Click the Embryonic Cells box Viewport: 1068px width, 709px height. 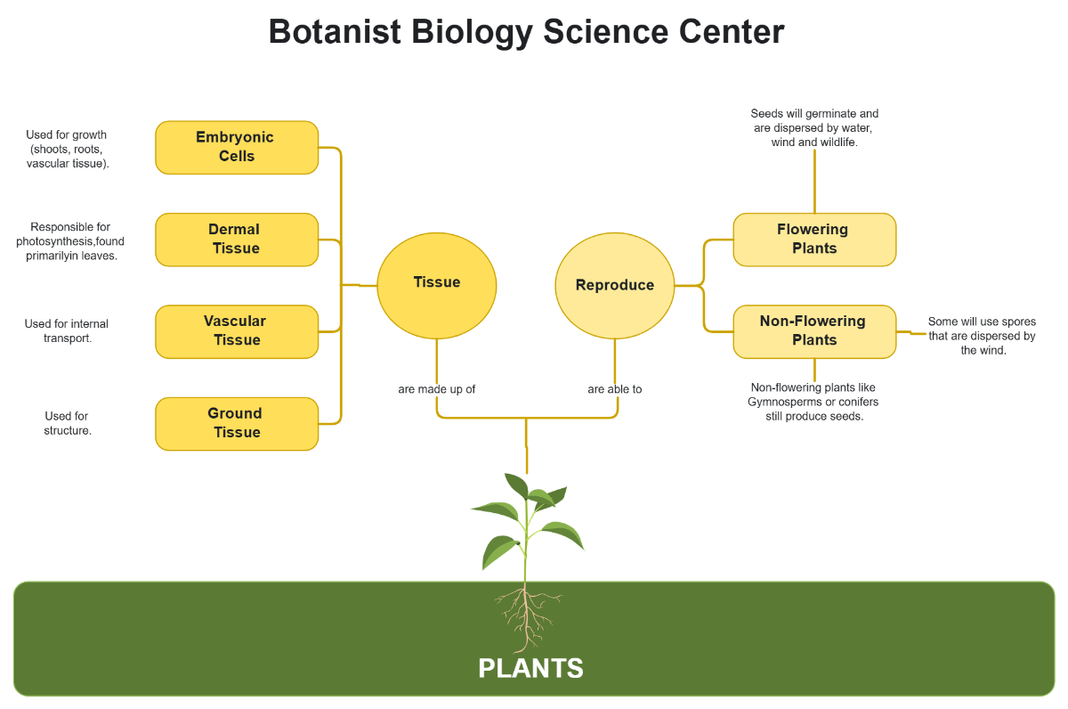(237, 147)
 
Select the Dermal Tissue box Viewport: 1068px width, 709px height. (237, 240)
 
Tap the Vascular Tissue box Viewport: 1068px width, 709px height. (237, 331)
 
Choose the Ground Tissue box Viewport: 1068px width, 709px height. (237, 423)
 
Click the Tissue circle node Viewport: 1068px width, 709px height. (437, 282)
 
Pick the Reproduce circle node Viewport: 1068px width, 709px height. (615, 285)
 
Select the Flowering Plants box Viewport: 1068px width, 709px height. (814, 239)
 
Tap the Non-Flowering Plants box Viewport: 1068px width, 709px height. (814, 330)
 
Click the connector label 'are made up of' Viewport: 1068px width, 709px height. (437, 389)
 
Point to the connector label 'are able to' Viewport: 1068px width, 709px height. (615, 389)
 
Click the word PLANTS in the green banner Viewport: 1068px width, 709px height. (530, 668)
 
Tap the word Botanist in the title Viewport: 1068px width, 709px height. (333, 32)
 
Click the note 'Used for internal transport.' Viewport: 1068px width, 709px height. (67, 330)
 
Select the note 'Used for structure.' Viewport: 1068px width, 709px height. (68, 423)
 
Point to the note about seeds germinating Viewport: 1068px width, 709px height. (814, 127)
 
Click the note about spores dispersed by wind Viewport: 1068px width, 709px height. (982, 336)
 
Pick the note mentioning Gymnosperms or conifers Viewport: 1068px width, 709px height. (814, 402)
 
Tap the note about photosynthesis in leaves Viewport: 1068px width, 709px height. (70, 241)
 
